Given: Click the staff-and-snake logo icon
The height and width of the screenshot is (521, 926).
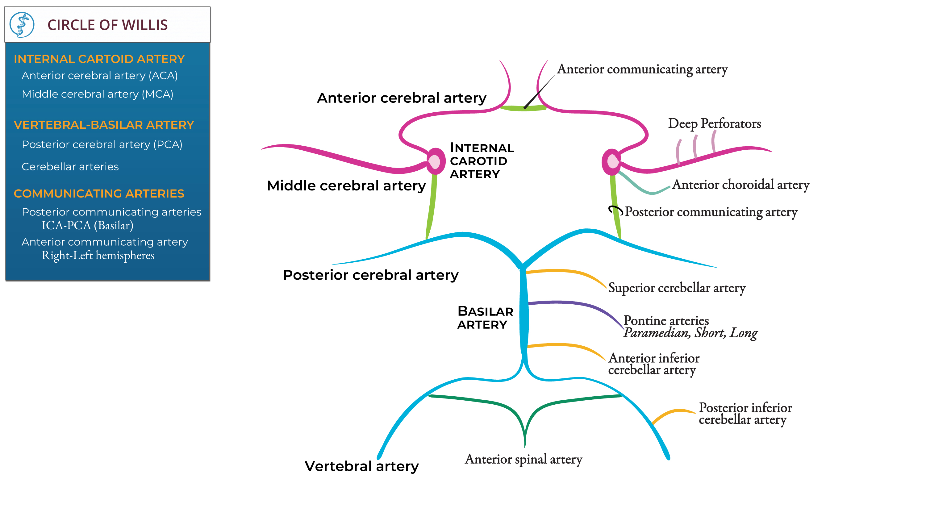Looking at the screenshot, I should pos(22,24).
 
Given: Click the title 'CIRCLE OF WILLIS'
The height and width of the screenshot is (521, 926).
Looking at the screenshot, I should pos(107,25).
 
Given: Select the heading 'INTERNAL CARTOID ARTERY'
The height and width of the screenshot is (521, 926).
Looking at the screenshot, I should pos(99,59).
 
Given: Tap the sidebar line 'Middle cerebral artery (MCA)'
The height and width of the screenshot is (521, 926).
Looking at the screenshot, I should pos(98,94).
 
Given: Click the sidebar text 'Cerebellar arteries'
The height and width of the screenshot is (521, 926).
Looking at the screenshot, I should pos(70,167).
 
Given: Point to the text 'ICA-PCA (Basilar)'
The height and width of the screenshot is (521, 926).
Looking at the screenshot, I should pos(87,225).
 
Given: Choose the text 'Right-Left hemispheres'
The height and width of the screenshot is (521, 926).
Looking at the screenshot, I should pos(98,255).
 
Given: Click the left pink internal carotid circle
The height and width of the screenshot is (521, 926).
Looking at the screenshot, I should pos(435,161).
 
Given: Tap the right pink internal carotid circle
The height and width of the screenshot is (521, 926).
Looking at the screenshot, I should pos(612,162).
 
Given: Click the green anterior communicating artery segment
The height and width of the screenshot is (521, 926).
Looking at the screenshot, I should pos(523,108).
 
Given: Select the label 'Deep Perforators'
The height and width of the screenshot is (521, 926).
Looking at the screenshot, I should pos(714,124).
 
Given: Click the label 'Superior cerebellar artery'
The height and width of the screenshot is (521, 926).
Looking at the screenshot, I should pos(677,288).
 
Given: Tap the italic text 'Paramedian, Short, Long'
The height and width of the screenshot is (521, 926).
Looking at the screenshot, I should pos(690,333).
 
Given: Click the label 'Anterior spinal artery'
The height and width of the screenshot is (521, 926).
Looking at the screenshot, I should pos(523,460).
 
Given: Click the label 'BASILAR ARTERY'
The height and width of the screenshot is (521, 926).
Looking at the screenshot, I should pos(485,318).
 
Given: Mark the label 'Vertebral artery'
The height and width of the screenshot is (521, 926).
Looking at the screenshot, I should pos(362,466).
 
